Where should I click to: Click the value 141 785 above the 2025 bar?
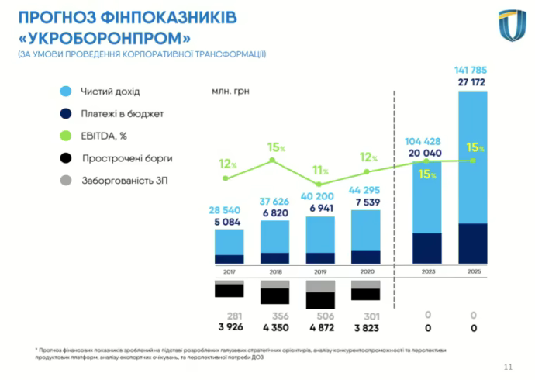pos(472,70)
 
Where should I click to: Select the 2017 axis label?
pos(229,272)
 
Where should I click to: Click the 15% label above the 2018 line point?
pos(276,147)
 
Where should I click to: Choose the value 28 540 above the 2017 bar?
pos(230,210)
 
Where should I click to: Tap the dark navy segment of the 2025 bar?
pos(473,244)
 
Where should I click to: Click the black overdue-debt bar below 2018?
pos(274,295)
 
